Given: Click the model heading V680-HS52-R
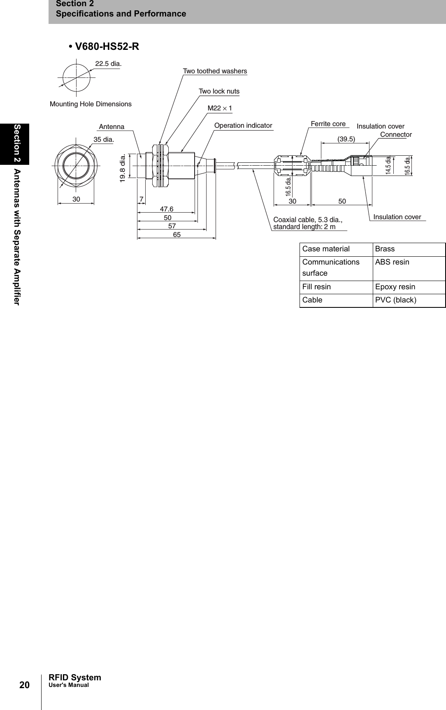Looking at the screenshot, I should coord(107,47).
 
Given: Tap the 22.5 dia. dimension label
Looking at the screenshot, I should coord(108,63).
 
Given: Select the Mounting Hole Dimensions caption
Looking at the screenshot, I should coord(91,104).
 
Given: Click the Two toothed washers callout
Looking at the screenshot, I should coord(215,71).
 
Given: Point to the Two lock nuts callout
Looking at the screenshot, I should coord(219,91).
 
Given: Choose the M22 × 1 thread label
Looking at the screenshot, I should coord(220,108).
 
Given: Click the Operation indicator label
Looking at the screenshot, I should coord(243,125).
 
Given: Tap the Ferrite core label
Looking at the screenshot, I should coord(328,124).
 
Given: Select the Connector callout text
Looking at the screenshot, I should coord(396,134).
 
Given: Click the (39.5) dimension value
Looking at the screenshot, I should coord(346,139).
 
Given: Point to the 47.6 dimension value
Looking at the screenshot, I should coord(167,209).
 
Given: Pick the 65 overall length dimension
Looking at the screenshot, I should coord(177,234).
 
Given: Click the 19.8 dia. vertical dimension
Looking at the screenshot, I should coord(122,168).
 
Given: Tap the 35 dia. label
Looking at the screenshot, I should coord(104,139).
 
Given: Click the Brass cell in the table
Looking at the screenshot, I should coord(385,249).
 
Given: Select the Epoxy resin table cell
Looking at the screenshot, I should coord(395,287).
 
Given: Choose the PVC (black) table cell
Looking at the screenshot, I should coord(395,300).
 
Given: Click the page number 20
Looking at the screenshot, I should coord(25,685).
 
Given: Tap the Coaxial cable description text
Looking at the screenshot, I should coord(307,223).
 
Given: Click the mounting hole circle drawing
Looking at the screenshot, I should coord(77,77).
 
